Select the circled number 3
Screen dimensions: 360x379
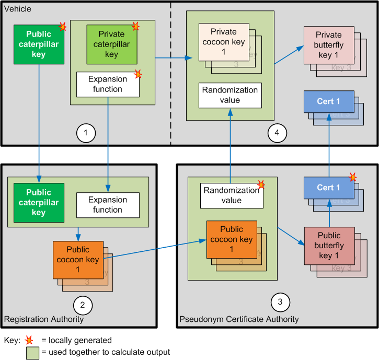pyautogui.click(x=280, y=301)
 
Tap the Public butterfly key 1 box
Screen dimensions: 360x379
pyautogui.click(x=329, y=246)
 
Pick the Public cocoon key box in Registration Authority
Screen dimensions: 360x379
pyautogui.click(x=78, y=260)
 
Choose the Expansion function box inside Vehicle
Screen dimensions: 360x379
pyautogui.click(x=108, y=84)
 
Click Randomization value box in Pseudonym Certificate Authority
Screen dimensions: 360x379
pyautogui.click(x=231, y=195)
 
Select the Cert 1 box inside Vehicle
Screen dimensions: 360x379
pyautogui.click(x=328, y=101)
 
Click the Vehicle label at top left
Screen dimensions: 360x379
pyautogui.click(x=17, y=9)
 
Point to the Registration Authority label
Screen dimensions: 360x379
pyautogui.click(x=43, y=319)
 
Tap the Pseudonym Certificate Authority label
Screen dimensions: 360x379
pyautogui.click(x=239, y=319)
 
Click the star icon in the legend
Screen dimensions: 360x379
pyautogui.click(x=29, y=340)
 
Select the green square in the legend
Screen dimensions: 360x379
pyautogui.click(x=32, y=352)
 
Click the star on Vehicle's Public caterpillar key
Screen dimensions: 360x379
pyautogui.click(x=63, y=27)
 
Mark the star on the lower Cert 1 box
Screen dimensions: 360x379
pyautogui.click(x=353, y=178)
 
